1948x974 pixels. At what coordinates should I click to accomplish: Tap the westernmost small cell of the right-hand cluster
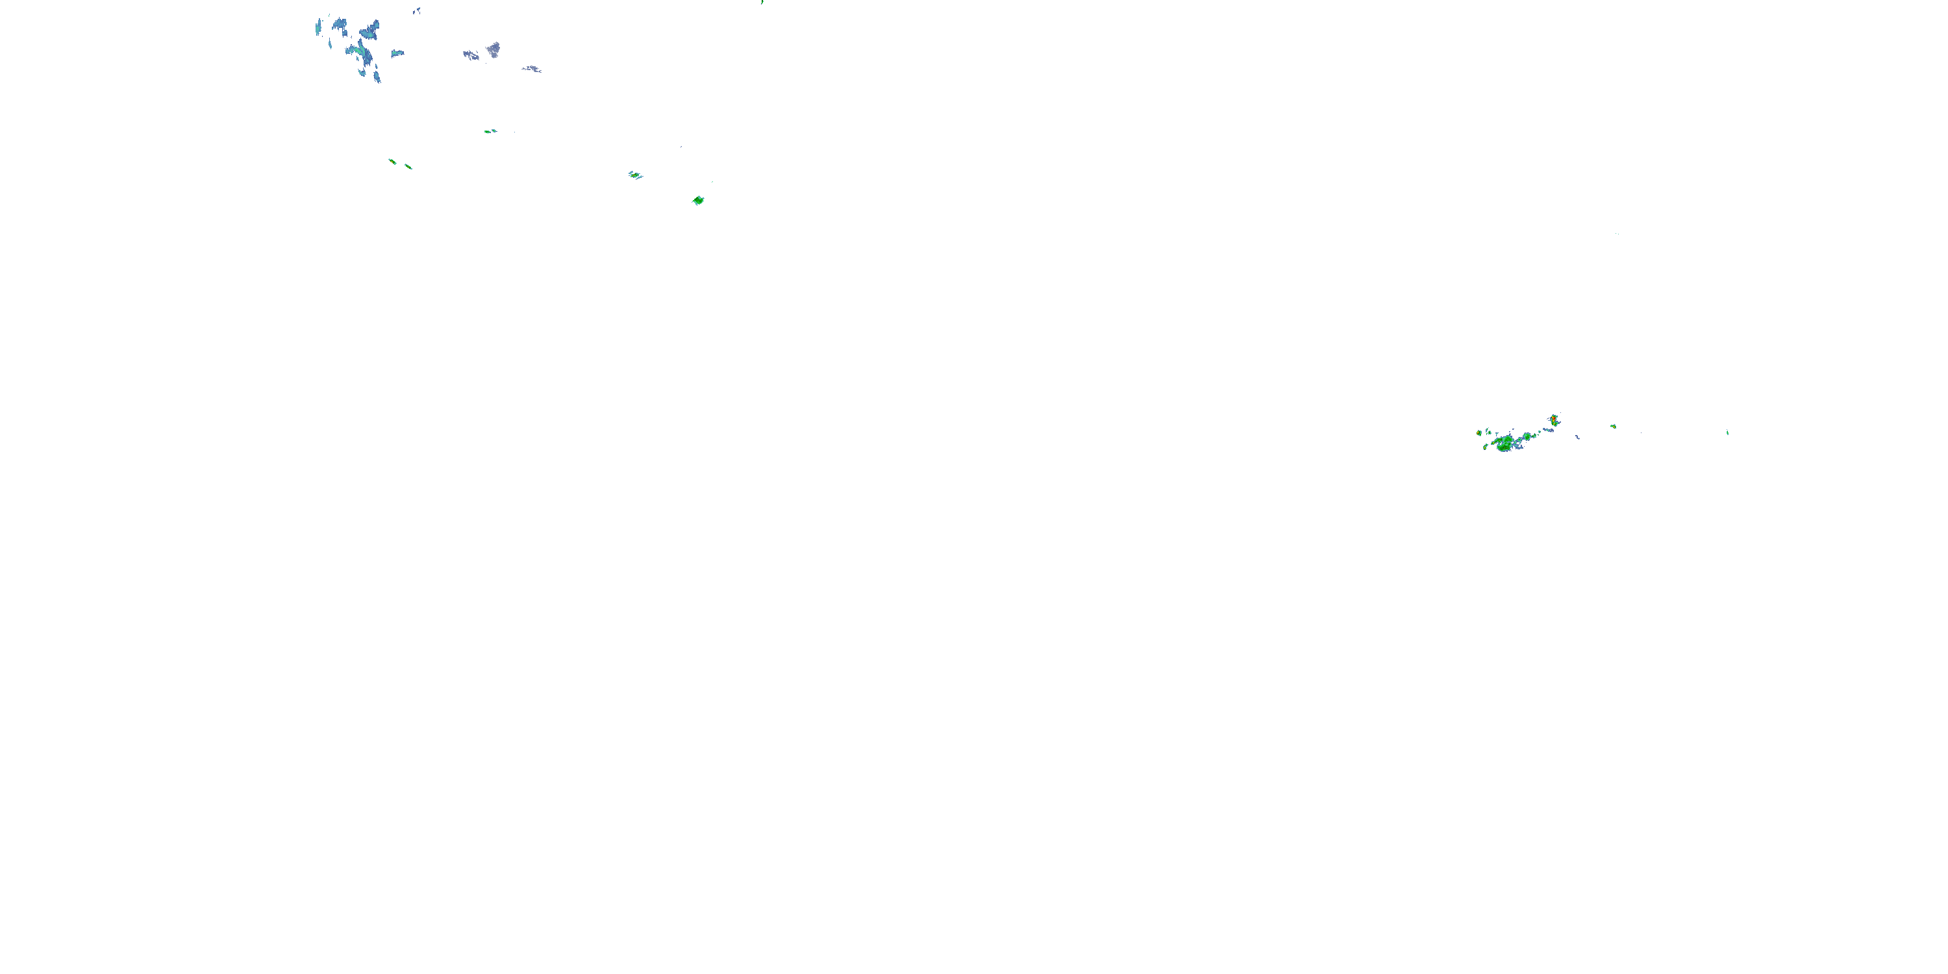pos(1479,432)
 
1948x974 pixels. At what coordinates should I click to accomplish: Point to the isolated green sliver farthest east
pos(1727,432)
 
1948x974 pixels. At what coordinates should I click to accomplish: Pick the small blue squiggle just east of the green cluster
pos(1577,437)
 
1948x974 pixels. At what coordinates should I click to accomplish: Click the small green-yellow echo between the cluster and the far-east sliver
pos(1613,427)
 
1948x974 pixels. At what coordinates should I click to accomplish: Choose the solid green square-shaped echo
pos(698,201)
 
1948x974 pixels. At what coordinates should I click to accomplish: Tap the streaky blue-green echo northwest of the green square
pos(635,175)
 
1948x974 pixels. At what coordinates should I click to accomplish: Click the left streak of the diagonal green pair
pos(392,161)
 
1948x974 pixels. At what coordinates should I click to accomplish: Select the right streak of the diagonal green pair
pos(408,166)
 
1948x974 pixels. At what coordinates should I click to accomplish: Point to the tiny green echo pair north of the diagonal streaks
pos(490,131)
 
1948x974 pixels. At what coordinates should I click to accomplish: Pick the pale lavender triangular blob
pos(493,50)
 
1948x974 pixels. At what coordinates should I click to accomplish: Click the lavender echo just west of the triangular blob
pos(470,55)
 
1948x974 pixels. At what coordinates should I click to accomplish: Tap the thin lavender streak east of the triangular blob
pos(532,69)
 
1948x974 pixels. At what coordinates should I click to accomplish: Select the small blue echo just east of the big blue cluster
pos(397,53)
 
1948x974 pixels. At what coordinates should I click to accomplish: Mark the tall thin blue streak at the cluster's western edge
pos(318,29)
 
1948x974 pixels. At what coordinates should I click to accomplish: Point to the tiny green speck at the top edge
pos(762,2)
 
